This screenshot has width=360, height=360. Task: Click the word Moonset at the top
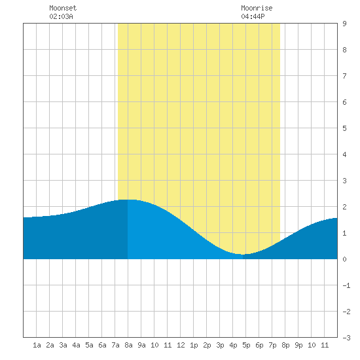(63, 8)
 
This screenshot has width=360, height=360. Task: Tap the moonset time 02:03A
(61, 16)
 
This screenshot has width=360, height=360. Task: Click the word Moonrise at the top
(257, 8)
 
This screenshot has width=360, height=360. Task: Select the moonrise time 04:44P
(253, 16)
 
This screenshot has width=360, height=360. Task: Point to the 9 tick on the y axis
(344, 24)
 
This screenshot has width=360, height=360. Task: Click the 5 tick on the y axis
(344, 128)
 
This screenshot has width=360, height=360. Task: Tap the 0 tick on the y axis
(344, 259)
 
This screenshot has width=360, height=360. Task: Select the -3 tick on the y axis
(346, 338)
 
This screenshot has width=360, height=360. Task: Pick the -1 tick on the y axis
(346, 285)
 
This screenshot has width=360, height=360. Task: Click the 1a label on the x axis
(37, 345)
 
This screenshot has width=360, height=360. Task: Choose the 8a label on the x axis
(128, 345)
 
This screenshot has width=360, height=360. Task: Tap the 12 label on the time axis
(181, 345)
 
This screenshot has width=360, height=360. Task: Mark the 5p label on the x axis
(246, 345)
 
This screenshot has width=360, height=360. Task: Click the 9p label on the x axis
(298, 345)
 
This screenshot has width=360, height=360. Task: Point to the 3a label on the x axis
(63, 345)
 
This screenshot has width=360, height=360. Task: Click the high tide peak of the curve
(128, 200)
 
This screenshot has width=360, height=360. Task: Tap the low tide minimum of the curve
(243, 255)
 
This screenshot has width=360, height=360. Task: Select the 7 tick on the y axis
(344, 76)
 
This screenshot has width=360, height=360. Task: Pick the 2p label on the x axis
(207, 345)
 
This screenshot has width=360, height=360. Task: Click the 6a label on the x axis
(102, 345)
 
